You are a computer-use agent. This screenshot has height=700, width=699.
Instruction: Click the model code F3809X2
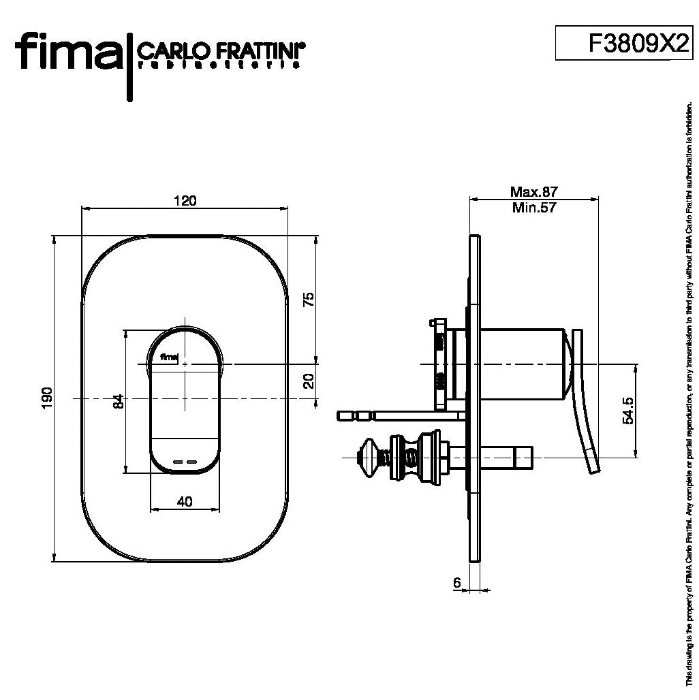coord(636,44)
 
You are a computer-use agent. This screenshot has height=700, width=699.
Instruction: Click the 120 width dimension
coord(185,201)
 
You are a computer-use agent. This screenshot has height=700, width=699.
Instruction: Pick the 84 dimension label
coord(117,400)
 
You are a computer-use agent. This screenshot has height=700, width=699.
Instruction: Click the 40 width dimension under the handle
coord(184,501)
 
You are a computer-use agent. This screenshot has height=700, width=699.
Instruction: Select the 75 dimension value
coord(308,298)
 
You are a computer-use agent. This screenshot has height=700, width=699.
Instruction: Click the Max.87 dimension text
coord(534,193)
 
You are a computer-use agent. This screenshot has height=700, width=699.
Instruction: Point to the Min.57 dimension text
coord(534,208)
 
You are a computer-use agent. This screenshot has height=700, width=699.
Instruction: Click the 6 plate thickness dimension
coord(456,582)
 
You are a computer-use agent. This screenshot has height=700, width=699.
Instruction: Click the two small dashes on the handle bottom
coord(185,462)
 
